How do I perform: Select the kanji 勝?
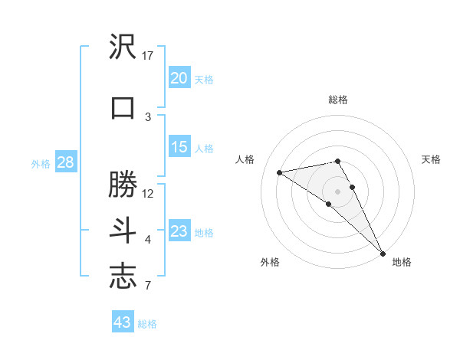point(123,185)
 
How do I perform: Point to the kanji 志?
point(123,277)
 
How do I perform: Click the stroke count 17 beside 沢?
point(148,56)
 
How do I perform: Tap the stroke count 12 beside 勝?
point(148,193)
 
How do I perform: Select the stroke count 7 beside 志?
point(148,286)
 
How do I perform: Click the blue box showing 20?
point(179,78)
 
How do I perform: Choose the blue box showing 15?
point(179,147)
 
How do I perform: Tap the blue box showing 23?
point(179,231)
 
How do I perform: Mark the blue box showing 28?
point(64,162)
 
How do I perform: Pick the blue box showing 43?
point(123,322)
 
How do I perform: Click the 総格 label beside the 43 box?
point(147,324)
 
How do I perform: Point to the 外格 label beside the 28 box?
point(41,164)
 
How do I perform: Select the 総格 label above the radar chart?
point(337,100)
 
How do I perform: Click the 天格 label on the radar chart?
point(431,159)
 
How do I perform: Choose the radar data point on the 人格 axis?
point(280,172)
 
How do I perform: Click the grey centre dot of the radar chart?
point(337,191)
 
